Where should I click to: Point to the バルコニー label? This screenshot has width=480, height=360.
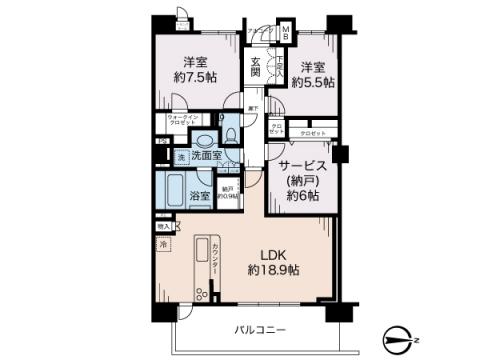(x=260, y=330)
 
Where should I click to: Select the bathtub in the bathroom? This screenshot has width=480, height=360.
(x=172, y=191)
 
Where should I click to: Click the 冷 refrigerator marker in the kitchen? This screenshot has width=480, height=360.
(x=163, y=244)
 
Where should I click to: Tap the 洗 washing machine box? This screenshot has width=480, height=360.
(x=181, y=157)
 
